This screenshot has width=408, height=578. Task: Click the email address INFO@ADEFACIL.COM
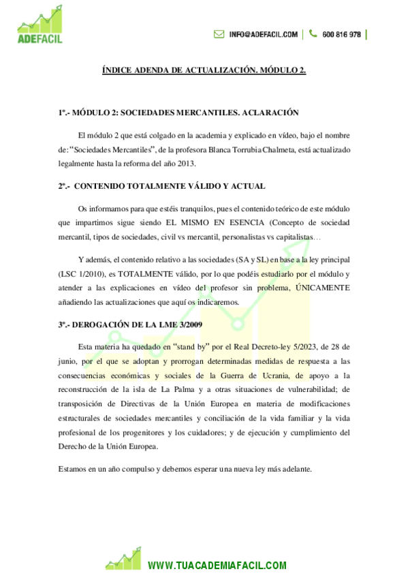pos(263,34)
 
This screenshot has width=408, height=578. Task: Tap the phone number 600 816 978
pos(341,34)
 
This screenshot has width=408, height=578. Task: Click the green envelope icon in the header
pos(219,34)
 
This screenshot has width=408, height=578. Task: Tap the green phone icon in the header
pos(313,33)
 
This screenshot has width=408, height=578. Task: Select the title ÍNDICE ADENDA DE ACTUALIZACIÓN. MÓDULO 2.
pos(204,70)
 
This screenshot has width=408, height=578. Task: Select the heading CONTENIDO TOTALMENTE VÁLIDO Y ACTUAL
pos(170,185)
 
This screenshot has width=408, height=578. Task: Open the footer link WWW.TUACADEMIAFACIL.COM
pos(217,566)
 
